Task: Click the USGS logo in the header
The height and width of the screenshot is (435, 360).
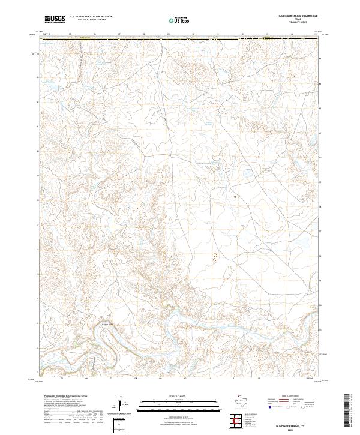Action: click(x=55, y=19)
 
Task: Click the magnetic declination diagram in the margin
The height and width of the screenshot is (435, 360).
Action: click(x=123, y=403)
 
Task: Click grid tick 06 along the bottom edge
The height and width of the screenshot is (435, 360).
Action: click(x=87, y=379)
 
